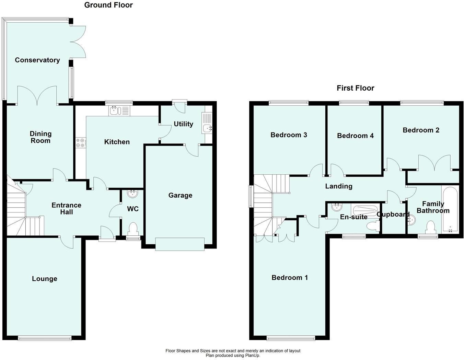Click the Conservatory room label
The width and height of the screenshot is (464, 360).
(37, 60)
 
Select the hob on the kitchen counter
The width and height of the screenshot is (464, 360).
(81, 142)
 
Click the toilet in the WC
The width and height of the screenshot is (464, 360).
(132, 229)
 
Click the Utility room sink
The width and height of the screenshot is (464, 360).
(207, 128)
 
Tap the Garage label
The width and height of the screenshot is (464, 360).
(180, 195)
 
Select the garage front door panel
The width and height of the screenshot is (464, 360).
(180, 244)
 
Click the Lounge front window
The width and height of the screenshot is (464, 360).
(45, 338)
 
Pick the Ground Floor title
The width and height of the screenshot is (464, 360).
(108, 5)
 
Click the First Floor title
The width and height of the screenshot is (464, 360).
(355, 88)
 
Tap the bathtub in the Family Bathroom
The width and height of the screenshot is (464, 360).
(450, 209)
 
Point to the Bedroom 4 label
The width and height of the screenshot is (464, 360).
(355, 136)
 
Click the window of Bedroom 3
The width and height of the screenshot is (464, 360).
(289, 102)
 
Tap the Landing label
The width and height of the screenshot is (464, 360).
(339, 186)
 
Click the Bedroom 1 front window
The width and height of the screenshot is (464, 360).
(291, 338)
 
